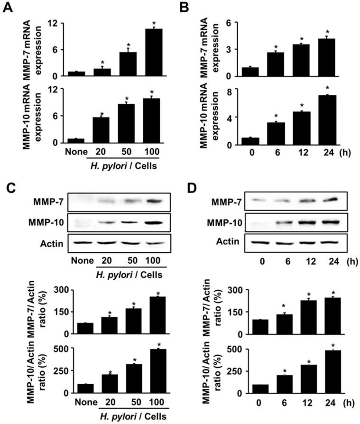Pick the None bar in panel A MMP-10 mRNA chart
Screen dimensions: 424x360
tap(75, 140)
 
